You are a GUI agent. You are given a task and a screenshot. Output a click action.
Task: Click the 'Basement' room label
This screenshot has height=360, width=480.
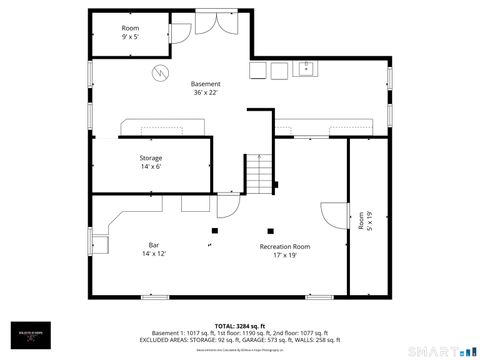[x=206, y=84]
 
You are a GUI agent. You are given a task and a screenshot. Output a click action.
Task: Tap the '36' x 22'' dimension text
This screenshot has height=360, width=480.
[x=206, y=93]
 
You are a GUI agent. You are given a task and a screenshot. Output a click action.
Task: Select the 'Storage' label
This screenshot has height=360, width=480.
[x=151, y=158]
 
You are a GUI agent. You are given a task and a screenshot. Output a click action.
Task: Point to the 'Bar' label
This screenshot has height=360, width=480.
[x=154, y=245]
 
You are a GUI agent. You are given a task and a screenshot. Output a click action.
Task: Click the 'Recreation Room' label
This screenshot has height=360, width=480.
[x=284, y=246]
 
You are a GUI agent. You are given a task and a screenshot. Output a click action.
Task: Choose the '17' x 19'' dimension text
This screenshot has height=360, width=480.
[x=284, y=255]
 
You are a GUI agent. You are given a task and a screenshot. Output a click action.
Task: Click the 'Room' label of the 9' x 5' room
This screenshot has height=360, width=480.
[x=130, y=27]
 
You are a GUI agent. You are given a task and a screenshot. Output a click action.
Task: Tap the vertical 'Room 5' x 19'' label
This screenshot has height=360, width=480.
[x=364, y=222]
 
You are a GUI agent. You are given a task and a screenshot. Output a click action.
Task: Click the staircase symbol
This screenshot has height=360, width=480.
[x=260, y=174]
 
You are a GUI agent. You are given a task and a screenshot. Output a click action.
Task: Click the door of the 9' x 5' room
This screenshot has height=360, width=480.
[x=181, y=31]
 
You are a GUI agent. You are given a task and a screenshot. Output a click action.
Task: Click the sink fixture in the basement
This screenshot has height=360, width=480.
[x=306, y=70]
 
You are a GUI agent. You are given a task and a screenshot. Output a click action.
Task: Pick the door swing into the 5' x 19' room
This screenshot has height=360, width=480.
[x=331, y=216]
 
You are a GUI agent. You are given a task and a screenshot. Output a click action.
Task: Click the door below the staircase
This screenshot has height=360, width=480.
[x=228, y=206]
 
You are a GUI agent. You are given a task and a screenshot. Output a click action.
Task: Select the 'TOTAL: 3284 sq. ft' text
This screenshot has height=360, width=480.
[x=240, y=326]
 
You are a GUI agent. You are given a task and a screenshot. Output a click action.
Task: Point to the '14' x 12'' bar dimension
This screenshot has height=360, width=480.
[x=154, y=254]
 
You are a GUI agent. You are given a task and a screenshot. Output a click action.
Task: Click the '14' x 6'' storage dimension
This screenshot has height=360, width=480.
[x=151, y=167]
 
